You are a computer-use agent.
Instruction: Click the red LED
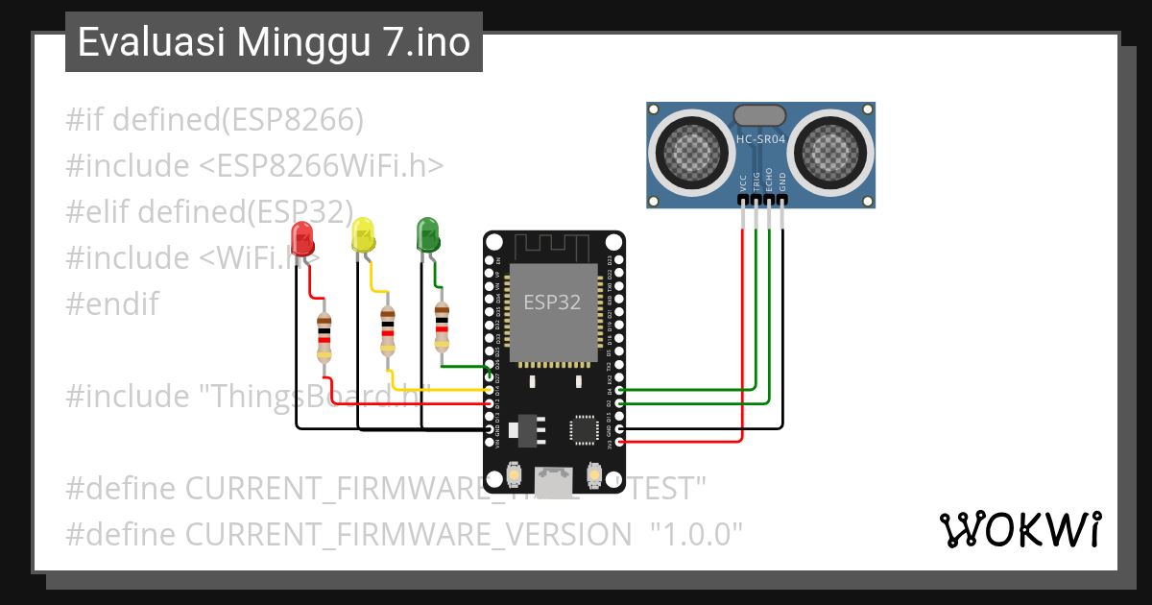pos(301,237)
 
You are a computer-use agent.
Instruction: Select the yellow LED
pos(363,233)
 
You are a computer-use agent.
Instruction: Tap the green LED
pos(427,233)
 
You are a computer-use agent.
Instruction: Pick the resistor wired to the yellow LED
pos(387,329)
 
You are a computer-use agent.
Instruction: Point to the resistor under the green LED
pos(441,326)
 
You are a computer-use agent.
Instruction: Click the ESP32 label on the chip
pos(552,302)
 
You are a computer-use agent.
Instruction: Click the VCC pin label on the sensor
pos(743,182)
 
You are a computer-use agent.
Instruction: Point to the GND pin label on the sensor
pos(782,182)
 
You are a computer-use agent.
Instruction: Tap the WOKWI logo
pos(1020,529)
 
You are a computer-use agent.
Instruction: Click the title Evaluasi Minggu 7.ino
pos(274,43)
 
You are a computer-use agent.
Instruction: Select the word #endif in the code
pos(112,304)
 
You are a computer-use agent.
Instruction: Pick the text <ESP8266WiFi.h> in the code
pos(322,166)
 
